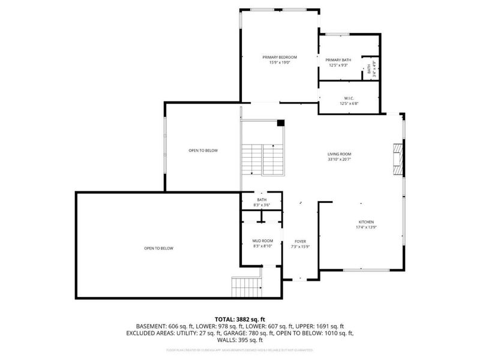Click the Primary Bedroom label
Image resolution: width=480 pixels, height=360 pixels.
280,57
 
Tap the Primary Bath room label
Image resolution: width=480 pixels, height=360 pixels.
338,60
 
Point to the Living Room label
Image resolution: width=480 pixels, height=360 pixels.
339,154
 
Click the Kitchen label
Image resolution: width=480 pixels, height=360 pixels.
365,222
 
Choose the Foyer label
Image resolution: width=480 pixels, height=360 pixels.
300,241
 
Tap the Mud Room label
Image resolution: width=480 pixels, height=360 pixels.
262,241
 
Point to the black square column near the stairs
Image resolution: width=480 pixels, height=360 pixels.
280,124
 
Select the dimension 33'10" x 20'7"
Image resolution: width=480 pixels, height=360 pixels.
339,160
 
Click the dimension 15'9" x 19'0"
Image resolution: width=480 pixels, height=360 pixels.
280,62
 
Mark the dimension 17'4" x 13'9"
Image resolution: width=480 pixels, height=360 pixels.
365,227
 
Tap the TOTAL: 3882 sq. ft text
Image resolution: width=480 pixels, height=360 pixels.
240,319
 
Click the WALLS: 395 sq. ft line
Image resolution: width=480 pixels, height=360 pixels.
240,340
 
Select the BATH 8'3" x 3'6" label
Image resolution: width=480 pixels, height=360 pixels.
262,202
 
